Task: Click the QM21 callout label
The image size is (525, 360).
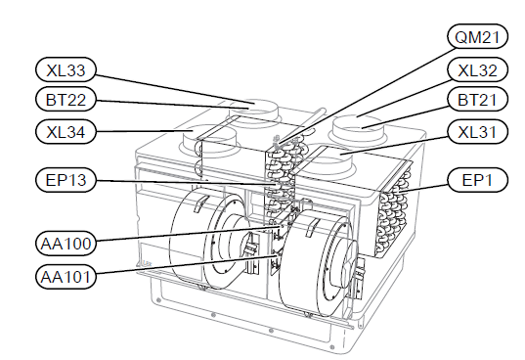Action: [x=477, y=36]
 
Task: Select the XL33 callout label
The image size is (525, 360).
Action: [x=66, y=69]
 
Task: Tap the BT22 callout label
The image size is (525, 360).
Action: [x=66, y=99]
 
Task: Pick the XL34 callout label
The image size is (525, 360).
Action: [x=66, y=132]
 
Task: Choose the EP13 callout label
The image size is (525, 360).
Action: [x=66, y=180]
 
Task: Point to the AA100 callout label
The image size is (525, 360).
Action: [x=66, y=244]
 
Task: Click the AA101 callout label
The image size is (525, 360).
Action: [x=66, y=277]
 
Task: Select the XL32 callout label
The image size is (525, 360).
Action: [x=477, y=69]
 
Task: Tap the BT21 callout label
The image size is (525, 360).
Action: [x=477, y=99]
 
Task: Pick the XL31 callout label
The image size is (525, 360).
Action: [x=477, y=132]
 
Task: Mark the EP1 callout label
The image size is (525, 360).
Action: [x=477, y=180]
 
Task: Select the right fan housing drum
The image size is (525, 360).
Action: [x=318, y=261]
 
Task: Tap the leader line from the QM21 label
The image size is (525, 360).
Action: [x=366, y=97]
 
